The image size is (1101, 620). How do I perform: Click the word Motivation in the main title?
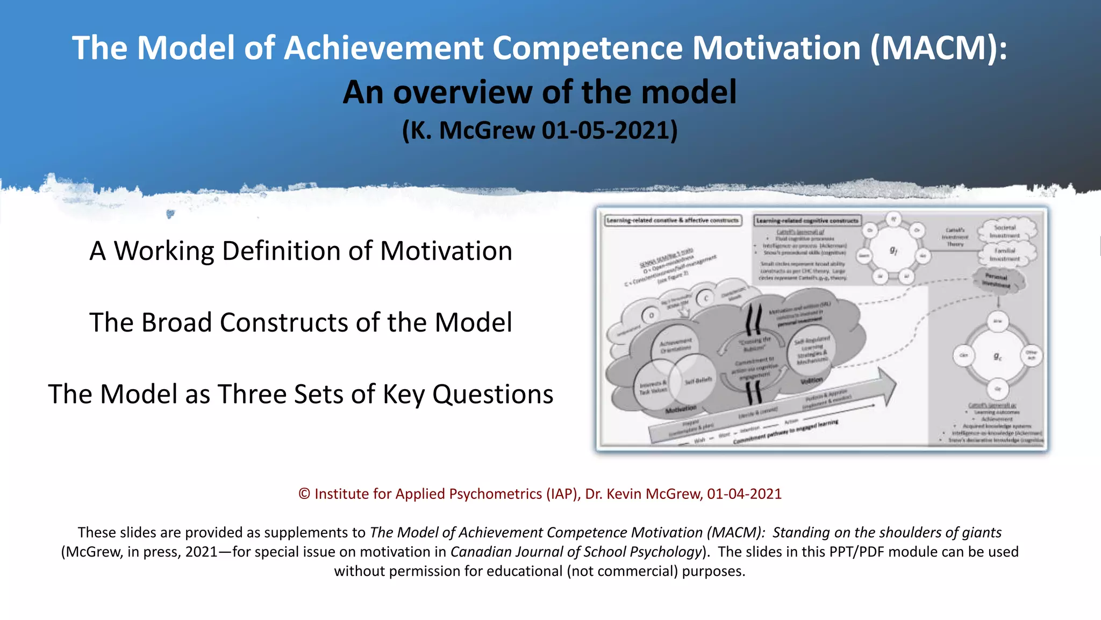tap(776, 48)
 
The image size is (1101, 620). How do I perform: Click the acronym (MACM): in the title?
tap(939, 48)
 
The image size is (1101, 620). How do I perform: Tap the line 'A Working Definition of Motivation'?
tap(301, 251)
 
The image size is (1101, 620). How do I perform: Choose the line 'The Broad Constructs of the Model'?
tap(301, 322)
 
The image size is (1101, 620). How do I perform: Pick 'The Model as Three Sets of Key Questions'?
tap(301, 394)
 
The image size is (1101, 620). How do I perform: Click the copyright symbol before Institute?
tap(304, 494)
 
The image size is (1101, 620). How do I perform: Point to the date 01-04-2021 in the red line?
tap(744, 494)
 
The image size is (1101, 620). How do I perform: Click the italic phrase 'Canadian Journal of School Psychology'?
tap(576, 552)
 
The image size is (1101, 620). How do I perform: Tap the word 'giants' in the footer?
tap(982, 532)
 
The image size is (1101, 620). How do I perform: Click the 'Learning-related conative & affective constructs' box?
tap(673, 220)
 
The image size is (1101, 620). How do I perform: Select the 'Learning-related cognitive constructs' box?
tap(807, 220)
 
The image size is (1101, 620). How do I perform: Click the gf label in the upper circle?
tap(893, 250)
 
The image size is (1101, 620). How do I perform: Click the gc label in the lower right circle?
tap(997, 356)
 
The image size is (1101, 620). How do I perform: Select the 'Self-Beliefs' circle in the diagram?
tap(697, 381)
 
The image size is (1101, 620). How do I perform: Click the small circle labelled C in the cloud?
tap(706, 298)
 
